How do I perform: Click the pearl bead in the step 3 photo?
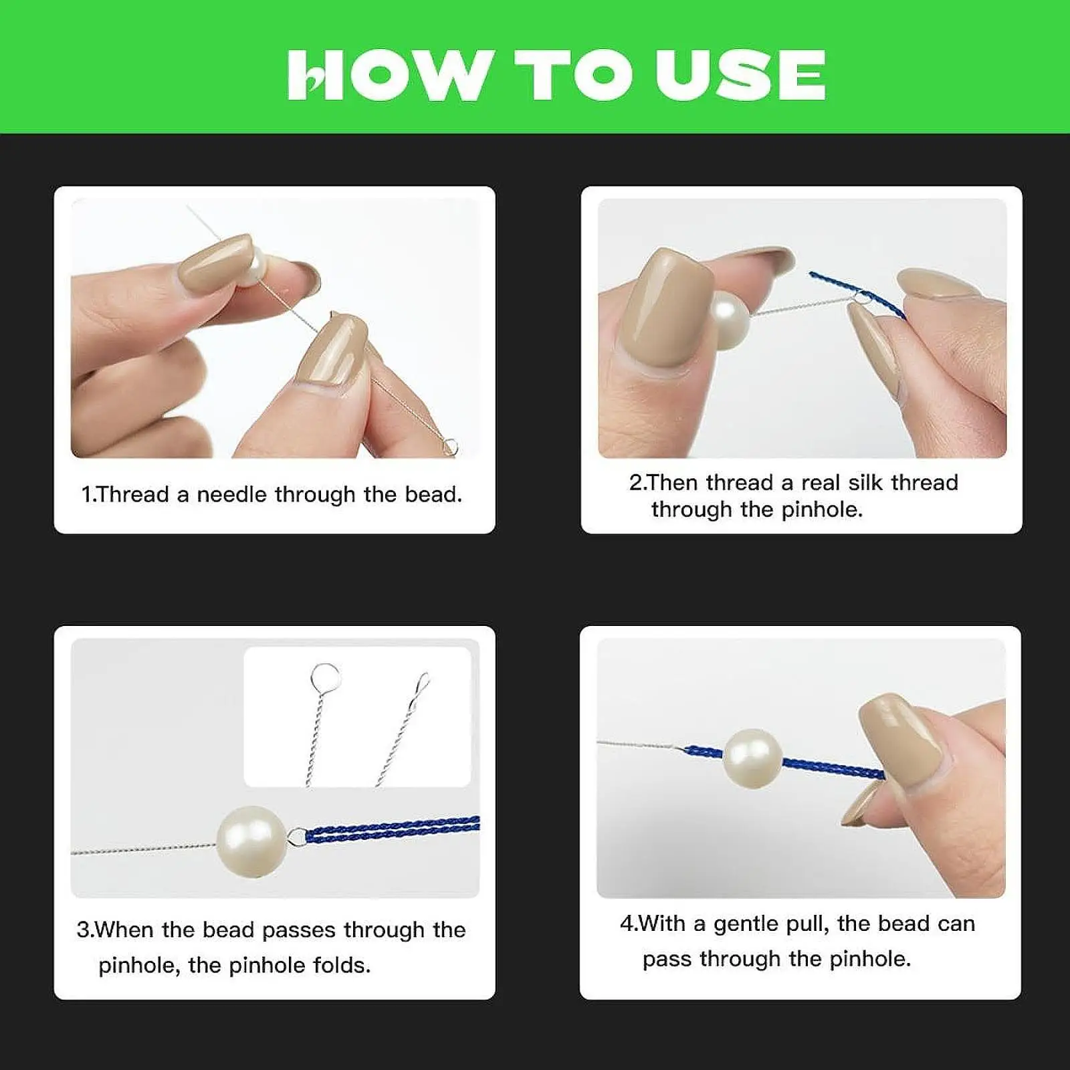(251, 841)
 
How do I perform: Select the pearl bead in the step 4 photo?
(753, 758)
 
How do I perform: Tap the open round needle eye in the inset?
(326, 677)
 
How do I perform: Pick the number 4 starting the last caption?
(626, 924)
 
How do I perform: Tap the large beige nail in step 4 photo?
(902, 742)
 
